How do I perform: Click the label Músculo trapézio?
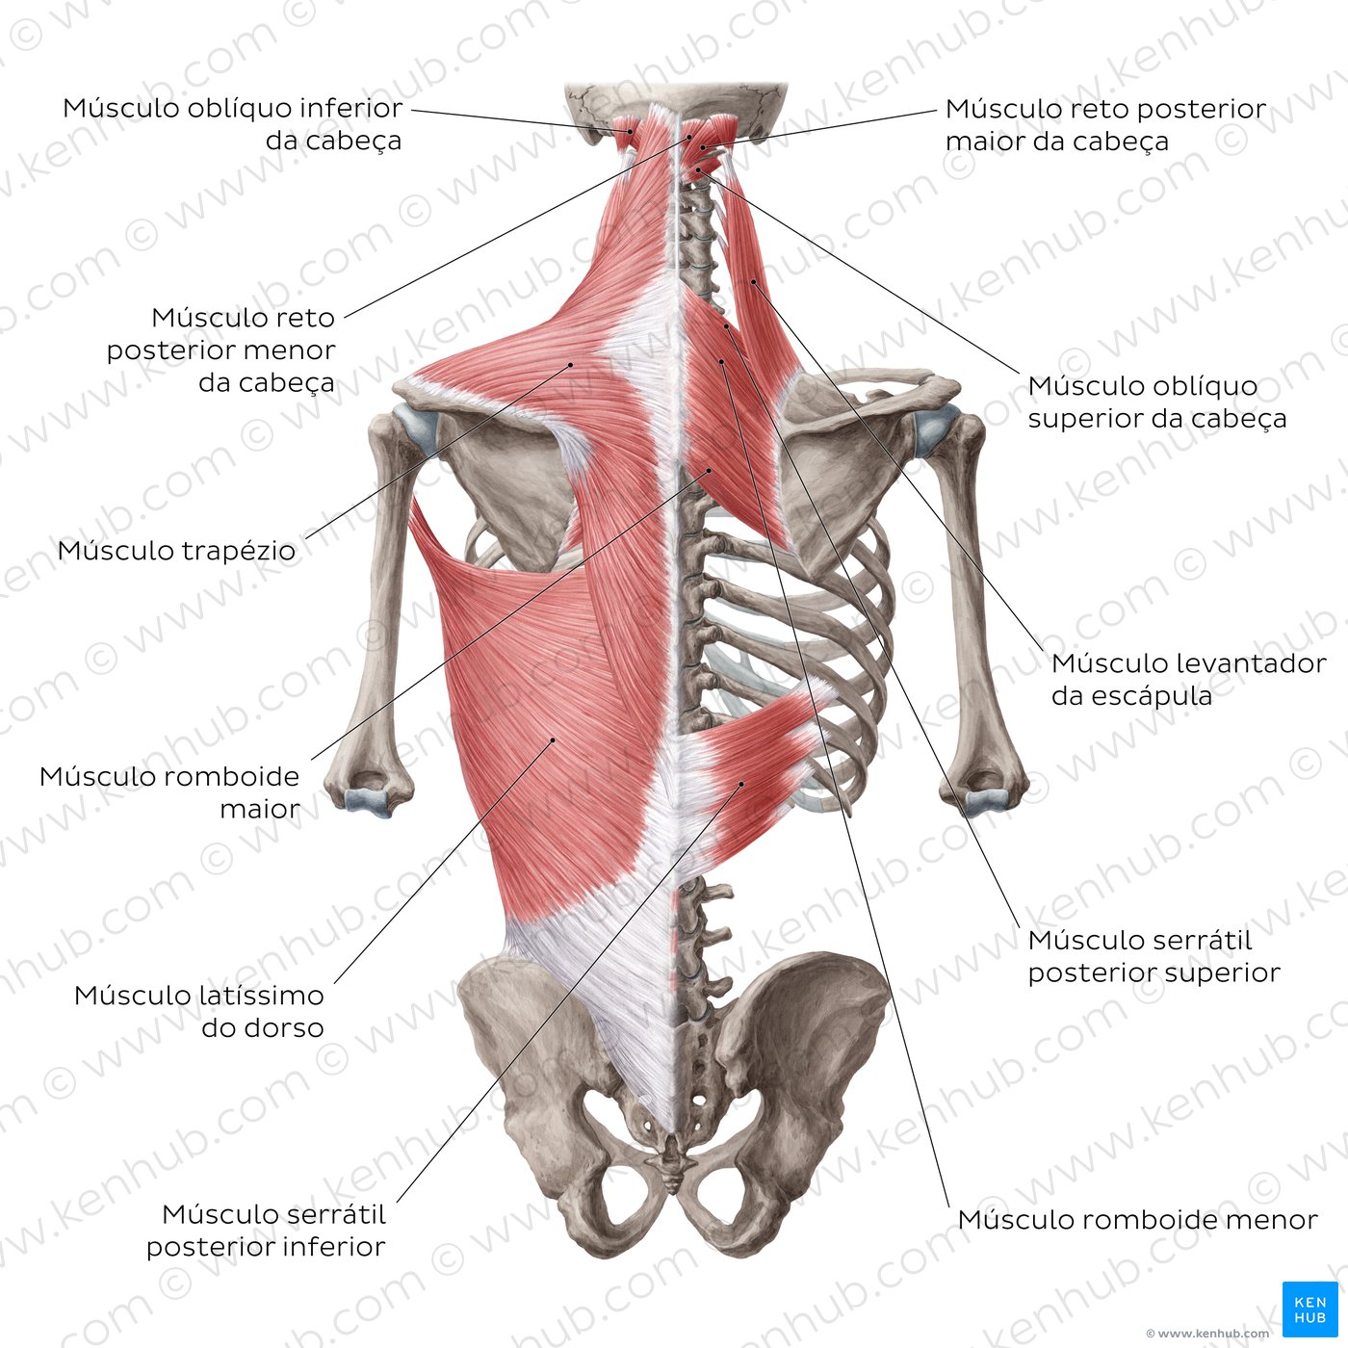coord(177,551)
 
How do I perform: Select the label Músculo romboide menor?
coord(1137,1219)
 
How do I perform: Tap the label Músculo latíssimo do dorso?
coord(199,1011)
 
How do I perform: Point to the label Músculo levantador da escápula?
coord(1188,679)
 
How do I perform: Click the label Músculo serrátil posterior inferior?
coord(266,1230)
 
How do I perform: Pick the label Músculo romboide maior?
coord(170,791)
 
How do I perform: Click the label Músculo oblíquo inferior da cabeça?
coord(233,124)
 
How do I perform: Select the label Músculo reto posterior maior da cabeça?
coord(1106,124)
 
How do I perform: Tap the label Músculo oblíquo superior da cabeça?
coord(1157,402)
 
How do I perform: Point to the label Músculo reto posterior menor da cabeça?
coord(221,350)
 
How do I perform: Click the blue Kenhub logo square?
coord(1310,1309)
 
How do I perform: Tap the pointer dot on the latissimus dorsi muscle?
coord(553,739)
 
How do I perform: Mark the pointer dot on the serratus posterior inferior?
coord(741,784)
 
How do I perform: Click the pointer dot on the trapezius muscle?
coord(571,364)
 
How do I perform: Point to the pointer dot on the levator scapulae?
coord(753,281)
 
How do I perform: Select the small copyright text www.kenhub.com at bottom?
coord(1207,1334)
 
